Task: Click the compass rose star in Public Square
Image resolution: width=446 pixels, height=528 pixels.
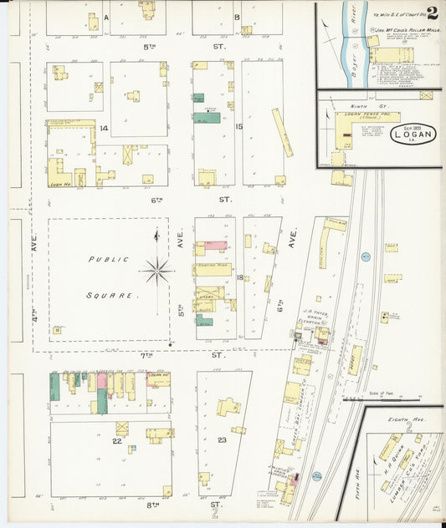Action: click(x=156, y=270)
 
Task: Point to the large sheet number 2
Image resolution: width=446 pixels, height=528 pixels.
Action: click(x=433, y=12)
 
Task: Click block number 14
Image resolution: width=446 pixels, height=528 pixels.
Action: click(x=104, y=129)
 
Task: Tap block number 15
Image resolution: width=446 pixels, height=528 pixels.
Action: click(x=239, y=127)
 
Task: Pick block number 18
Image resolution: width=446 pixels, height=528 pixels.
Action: click(x=239, y=277)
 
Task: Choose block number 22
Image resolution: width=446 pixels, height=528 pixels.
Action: click(x=118, y=440)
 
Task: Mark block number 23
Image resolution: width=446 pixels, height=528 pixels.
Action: click(x=222, y=439)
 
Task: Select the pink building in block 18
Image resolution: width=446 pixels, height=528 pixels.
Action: click(x=215, y=246)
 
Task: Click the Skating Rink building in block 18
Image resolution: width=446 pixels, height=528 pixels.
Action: click(x=214, y=269)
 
